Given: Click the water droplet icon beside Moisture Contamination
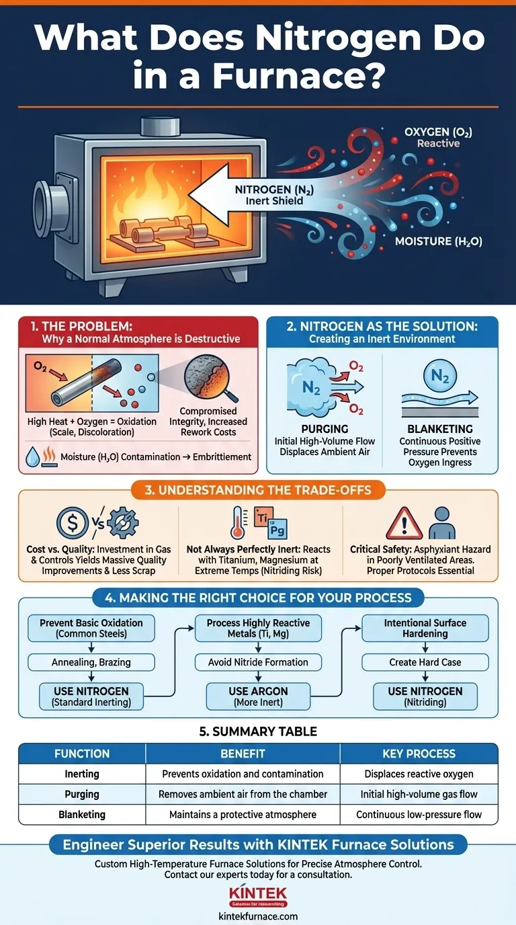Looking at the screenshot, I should click(32, 456).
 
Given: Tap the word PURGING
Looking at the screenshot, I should click(325, 428).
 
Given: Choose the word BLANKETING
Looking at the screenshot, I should click(440, 428).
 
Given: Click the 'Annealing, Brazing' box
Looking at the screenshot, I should click(91, 662).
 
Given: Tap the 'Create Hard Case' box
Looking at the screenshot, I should click(425, 662).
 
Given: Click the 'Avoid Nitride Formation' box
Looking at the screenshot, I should click(258, 662).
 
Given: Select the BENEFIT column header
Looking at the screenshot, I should click(243, 754).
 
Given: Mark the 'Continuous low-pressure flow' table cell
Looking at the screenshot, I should click(419, 814).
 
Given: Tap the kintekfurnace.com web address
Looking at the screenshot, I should click(258, 916).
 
